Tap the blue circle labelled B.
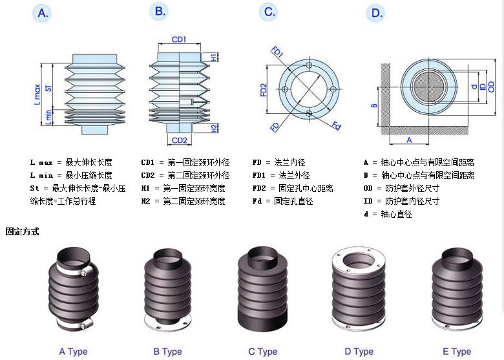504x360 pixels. (160, 11)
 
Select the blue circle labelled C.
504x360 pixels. (269, 12)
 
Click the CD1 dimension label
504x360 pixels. (179, 39)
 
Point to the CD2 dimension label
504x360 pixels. (179, 140)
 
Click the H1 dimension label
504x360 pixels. (214, 58)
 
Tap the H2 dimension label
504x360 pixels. (214, 128)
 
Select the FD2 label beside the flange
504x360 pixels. (264, 90)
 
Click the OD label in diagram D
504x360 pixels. (492, 87)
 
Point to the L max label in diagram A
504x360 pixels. (37, 94)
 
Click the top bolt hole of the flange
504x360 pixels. (309, 67)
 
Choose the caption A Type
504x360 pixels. (73, 352)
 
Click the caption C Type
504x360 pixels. (262, 352)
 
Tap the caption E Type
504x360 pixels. (457, 352)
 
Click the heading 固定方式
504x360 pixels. (23, 231)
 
